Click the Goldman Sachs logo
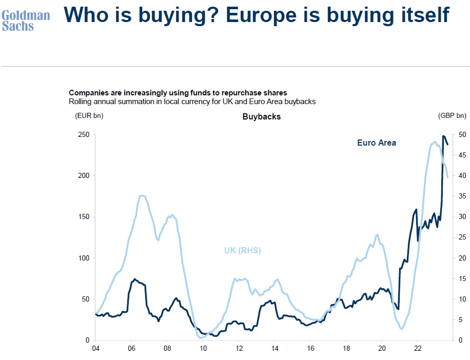[26, 21]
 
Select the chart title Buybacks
[261, 117]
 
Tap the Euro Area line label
[377, 143]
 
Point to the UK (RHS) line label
[242, 251]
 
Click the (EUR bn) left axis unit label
[89, 116]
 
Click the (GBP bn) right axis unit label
[452, 116]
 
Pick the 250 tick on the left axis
[84, 135]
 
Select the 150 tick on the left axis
[84, 217]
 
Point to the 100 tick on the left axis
[84, 258]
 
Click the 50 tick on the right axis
[462, 135]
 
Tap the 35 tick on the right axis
[462, 196]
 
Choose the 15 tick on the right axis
[462, 278]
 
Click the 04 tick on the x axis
[96, 349]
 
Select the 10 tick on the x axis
[203, 349]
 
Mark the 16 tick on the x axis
[310, 349]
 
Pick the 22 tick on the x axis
[417, 349]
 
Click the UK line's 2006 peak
[143, 195]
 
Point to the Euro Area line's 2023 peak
[443, 136]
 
